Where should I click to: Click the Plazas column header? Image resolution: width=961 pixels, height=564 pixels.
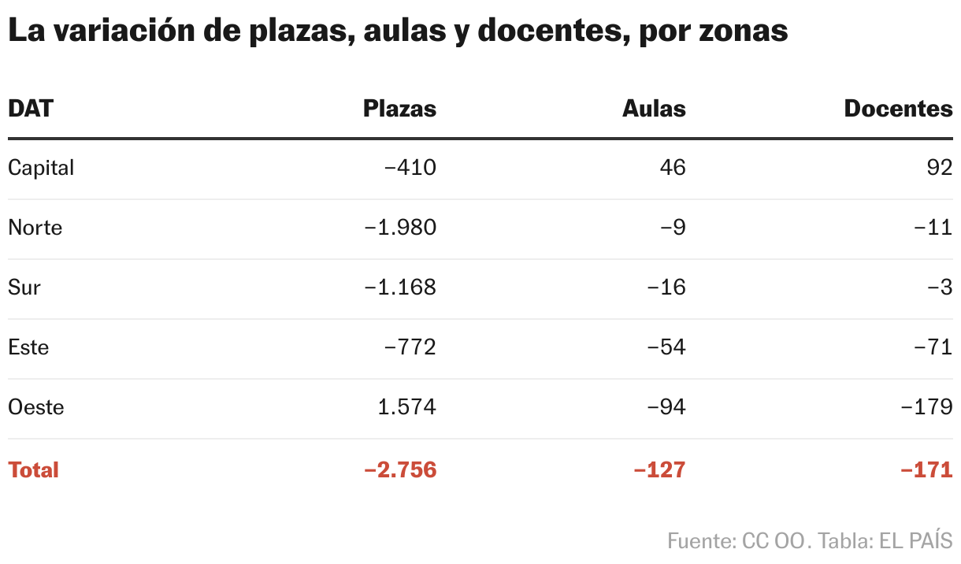tap(399, 109)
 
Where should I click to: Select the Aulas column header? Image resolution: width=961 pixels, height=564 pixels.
tap(654, 109)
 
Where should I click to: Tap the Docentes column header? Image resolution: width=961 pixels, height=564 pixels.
tap(898, 109)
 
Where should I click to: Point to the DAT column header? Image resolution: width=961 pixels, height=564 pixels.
tap(31, 109)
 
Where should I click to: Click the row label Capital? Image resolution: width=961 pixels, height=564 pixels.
tap(41, 168)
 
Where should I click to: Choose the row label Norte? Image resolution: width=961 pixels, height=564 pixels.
tap(35, 228)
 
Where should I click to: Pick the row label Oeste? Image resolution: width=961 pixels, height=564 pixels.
tap(36, 407)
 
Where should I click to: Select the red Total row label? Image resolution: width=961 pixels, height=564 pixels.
tap(33, 470)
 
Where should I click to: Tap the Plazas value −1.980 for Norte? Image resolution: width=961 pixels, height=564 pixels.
tap(400, 228)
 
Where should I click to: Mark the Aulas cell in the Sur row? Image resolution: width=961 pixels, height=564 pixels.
tap(666, 288)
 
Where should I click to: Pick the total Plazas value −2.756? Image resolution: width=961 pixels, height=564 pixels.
tap(400, 470)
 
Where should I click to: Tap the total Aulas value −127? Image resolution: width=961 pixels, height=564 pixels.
tap(659, 470)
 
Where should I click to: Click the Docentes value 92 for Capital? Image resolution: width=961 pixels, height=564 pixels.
tap(940, 168)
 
